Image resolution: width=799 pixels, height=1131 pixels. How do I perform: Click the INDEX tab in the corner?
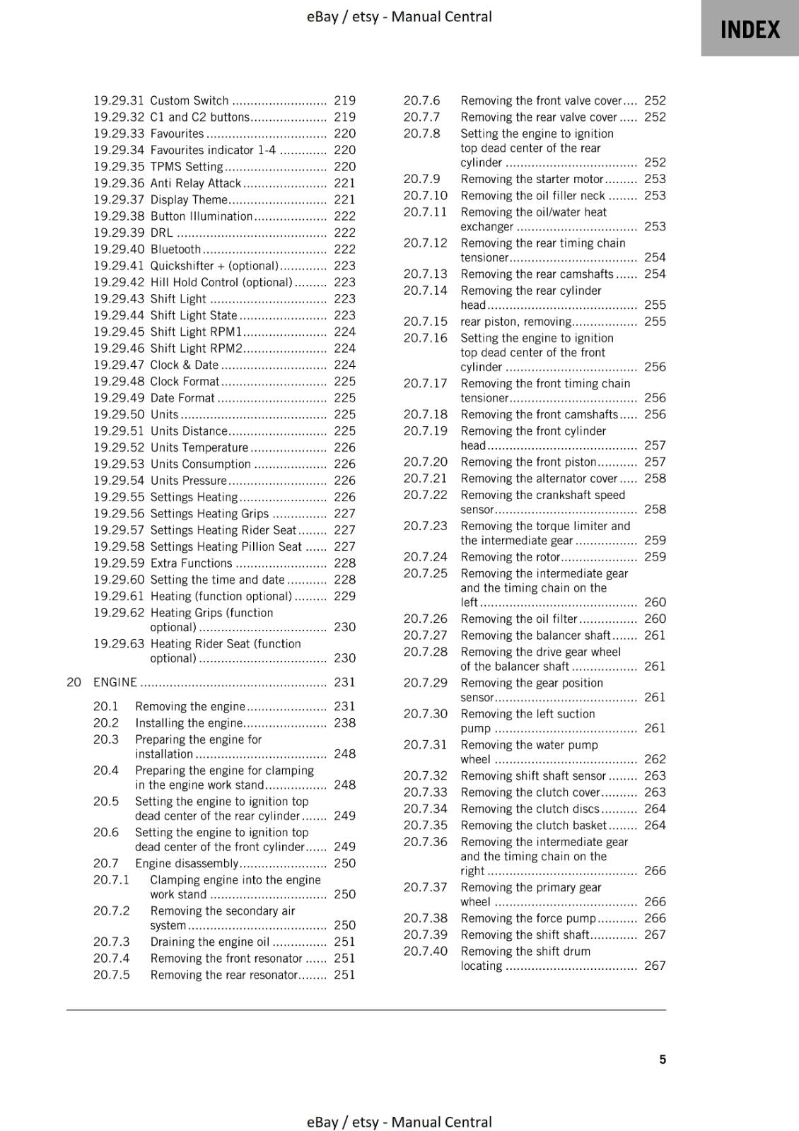click(750, 29)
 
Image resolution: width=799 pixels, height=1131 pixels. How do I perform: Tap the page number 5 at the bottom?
click(663, 1059)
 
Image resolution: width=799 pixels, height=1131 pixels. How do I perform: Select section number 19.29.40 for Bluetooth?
click(119, 249)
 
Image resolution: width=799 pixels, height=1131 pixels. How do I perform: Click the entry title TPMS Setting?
click(186, 167)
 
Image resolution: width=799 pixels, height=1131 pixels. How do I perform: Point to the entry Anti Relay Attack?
click(196, 183)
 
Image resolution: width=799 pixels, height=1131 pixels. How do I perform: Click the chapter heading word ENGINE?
click(115, 682)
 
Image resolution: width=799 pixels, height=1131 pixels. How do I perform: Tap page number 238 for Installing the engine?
click(344, 722)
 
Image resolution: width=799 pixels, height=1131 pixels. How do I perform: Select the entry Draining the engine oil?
click(209, 942)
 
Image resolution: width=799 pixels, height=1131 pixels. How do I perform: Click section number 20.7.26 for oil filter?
click(425, 619)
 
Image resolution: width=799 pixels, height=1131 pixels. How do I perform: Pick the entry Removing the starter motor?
click(532, 179)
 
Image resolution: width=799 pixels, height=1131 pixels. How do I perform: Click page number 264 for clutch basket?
click(655, 825)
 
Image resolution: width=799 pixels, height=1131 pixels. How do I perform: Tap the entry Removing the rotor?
click(510, 556)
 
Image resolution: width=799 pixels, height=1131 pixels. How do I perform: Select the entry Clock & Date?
click(184, 365)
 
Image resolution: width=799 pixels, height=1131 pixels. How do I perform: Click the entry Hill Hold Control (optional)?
click(221, 282)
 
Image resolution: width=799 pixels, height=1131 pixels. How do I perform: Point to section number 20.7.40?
click(425, 951)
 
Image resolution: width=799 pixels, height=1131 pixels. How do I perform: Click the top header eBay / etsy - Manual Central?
click(399, 16)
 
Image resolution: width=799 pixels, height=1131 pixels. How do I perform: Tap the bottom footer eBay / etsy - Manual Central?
click(399, 1122)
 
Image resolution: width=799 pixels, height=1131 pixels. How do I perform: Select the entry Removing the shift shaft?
click(525, 934)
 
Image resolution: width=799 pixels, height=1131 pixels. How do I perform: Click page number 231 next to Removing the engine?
click(344, 706)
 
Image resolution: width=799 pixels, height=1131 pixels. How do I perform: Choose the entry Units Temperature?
click(199, 447)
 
